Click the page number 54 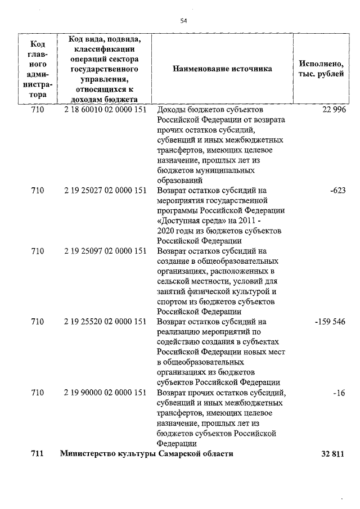[x=183, y=21]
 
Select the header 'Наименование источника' [x=222, y=69]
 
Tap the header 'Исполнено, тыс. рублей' [x=322, y=69]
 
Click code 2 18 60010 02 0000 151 [x=105, y=110]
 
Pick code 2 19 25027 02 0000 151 [x=105, y=191]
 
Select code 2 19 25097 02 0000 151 [x=105, y=251]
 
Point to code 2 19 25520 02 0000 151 [x=105, y=322]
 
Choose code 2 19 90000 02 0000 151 [x=105, y=393]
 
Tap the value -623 [x=337, y=191]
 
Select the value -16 [x=339, y=393]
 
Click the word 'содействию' [x=181, y=342]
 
